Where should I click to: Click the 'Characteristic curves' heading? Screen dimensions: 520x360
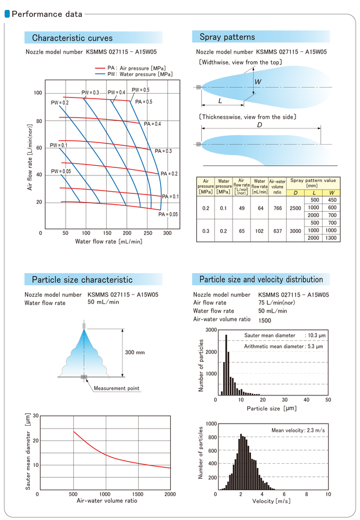73,38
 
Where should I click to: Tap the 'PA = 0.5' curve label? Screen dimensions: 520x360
144,102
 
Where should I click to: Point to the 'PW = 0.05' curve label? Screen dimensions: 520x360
61,171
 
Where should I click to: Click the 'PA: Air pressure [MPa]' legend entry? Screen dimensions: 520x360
136,68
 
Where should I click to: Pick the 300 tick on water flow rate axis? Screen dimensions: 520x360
168,232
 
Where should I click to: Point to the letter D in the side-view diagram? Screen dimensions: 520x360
260,125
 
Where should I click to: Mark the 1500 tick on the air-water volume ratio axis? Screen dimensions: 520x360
138,494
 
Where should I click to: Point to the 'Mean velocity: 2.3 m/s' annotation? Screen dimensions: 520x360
298,430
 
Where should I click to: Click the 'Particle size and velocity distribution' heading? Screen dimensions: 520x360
261,279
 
